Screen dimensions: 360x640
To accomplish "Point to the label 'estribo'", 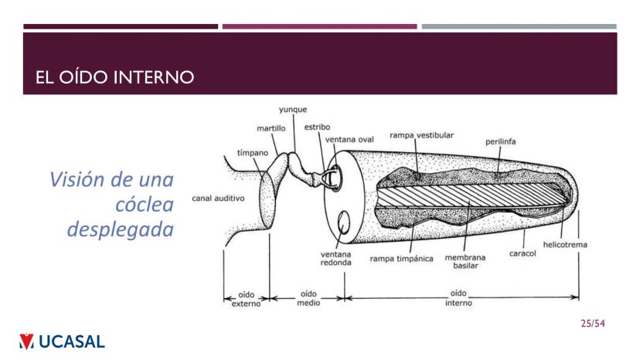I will [317, 126].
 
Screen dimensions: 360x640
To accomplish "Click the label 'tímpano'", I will [253, 153].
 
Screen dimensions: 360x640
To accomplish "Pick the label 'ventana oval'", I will [349, 139].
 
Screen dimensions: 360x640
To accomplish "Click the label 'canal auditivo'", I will [218, 199].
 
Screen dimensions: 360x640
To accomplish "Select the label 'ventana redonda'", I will [336, 257].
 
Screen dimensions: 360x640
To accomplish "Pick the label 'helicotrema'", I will [564, 245].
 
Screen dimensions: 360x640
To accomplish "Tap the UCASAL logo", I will [62, 341].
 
